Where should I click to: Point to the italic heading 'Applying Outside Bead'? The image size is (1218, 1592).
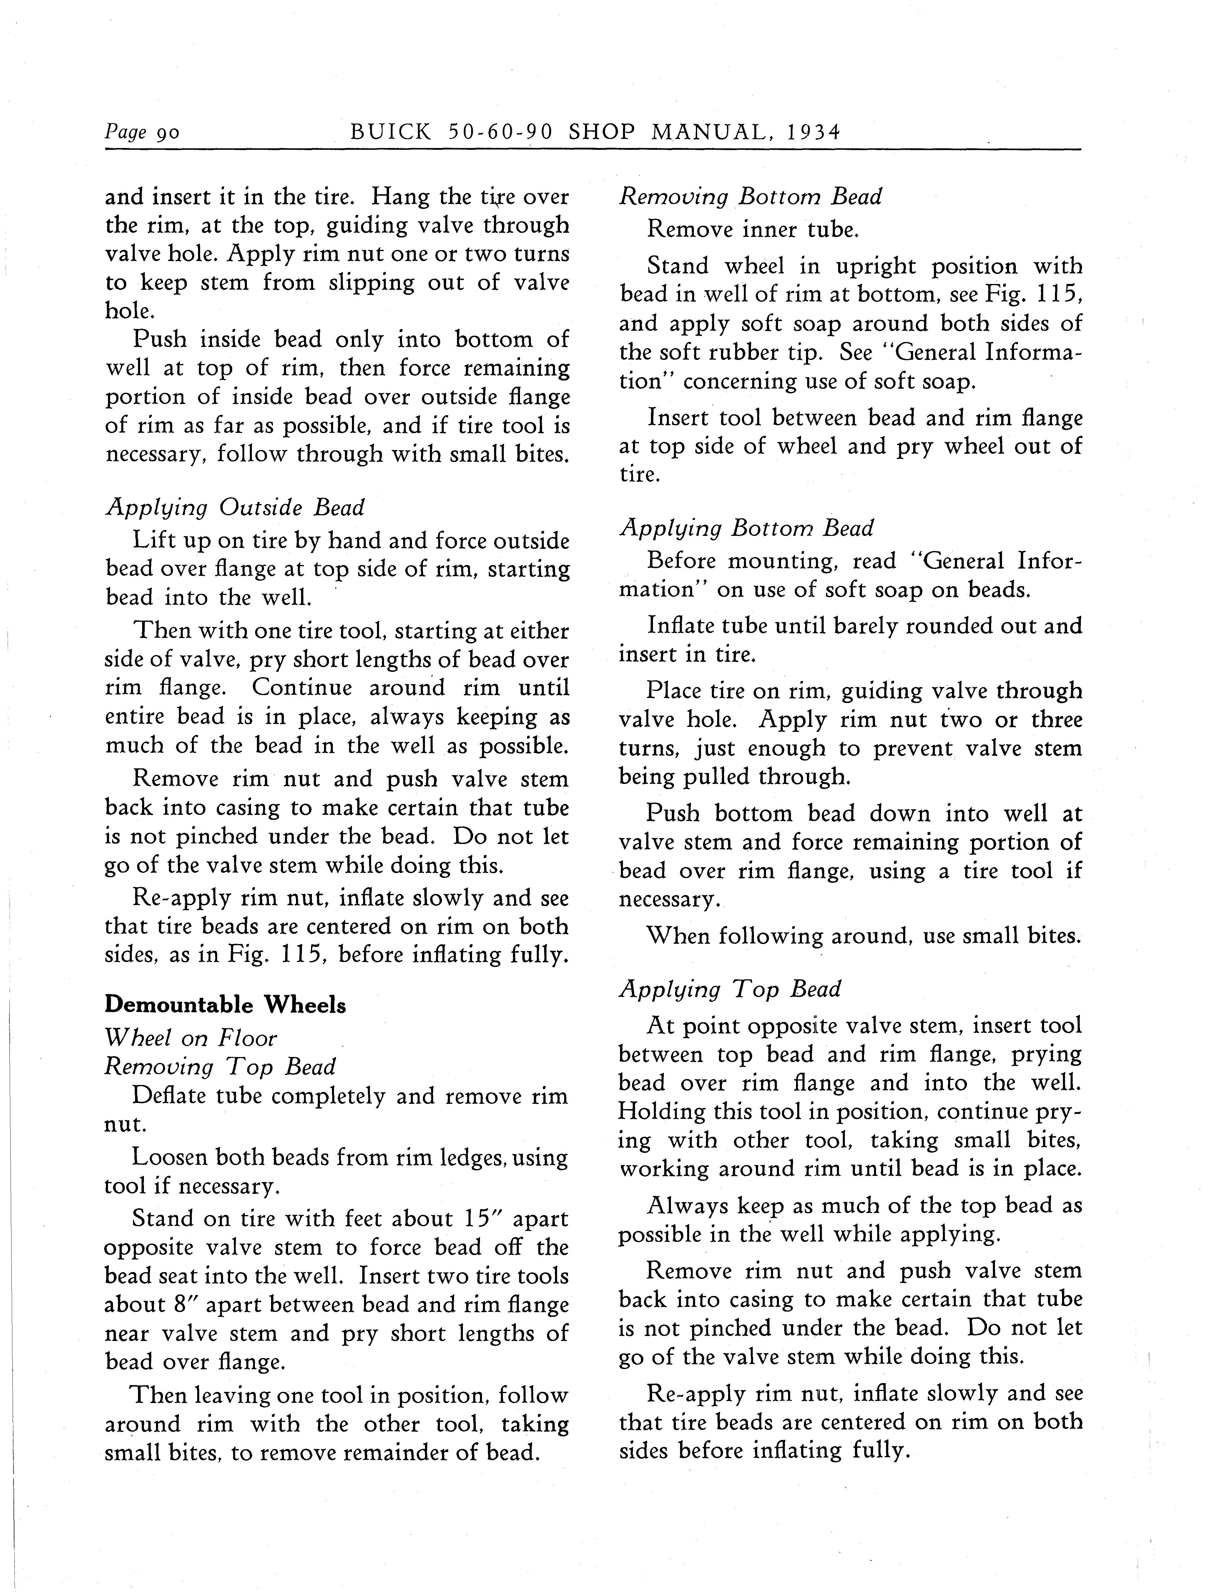tap(235, 507)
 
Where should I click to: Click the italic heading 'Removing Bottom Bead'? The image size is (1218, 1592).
tap(750, 197)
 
